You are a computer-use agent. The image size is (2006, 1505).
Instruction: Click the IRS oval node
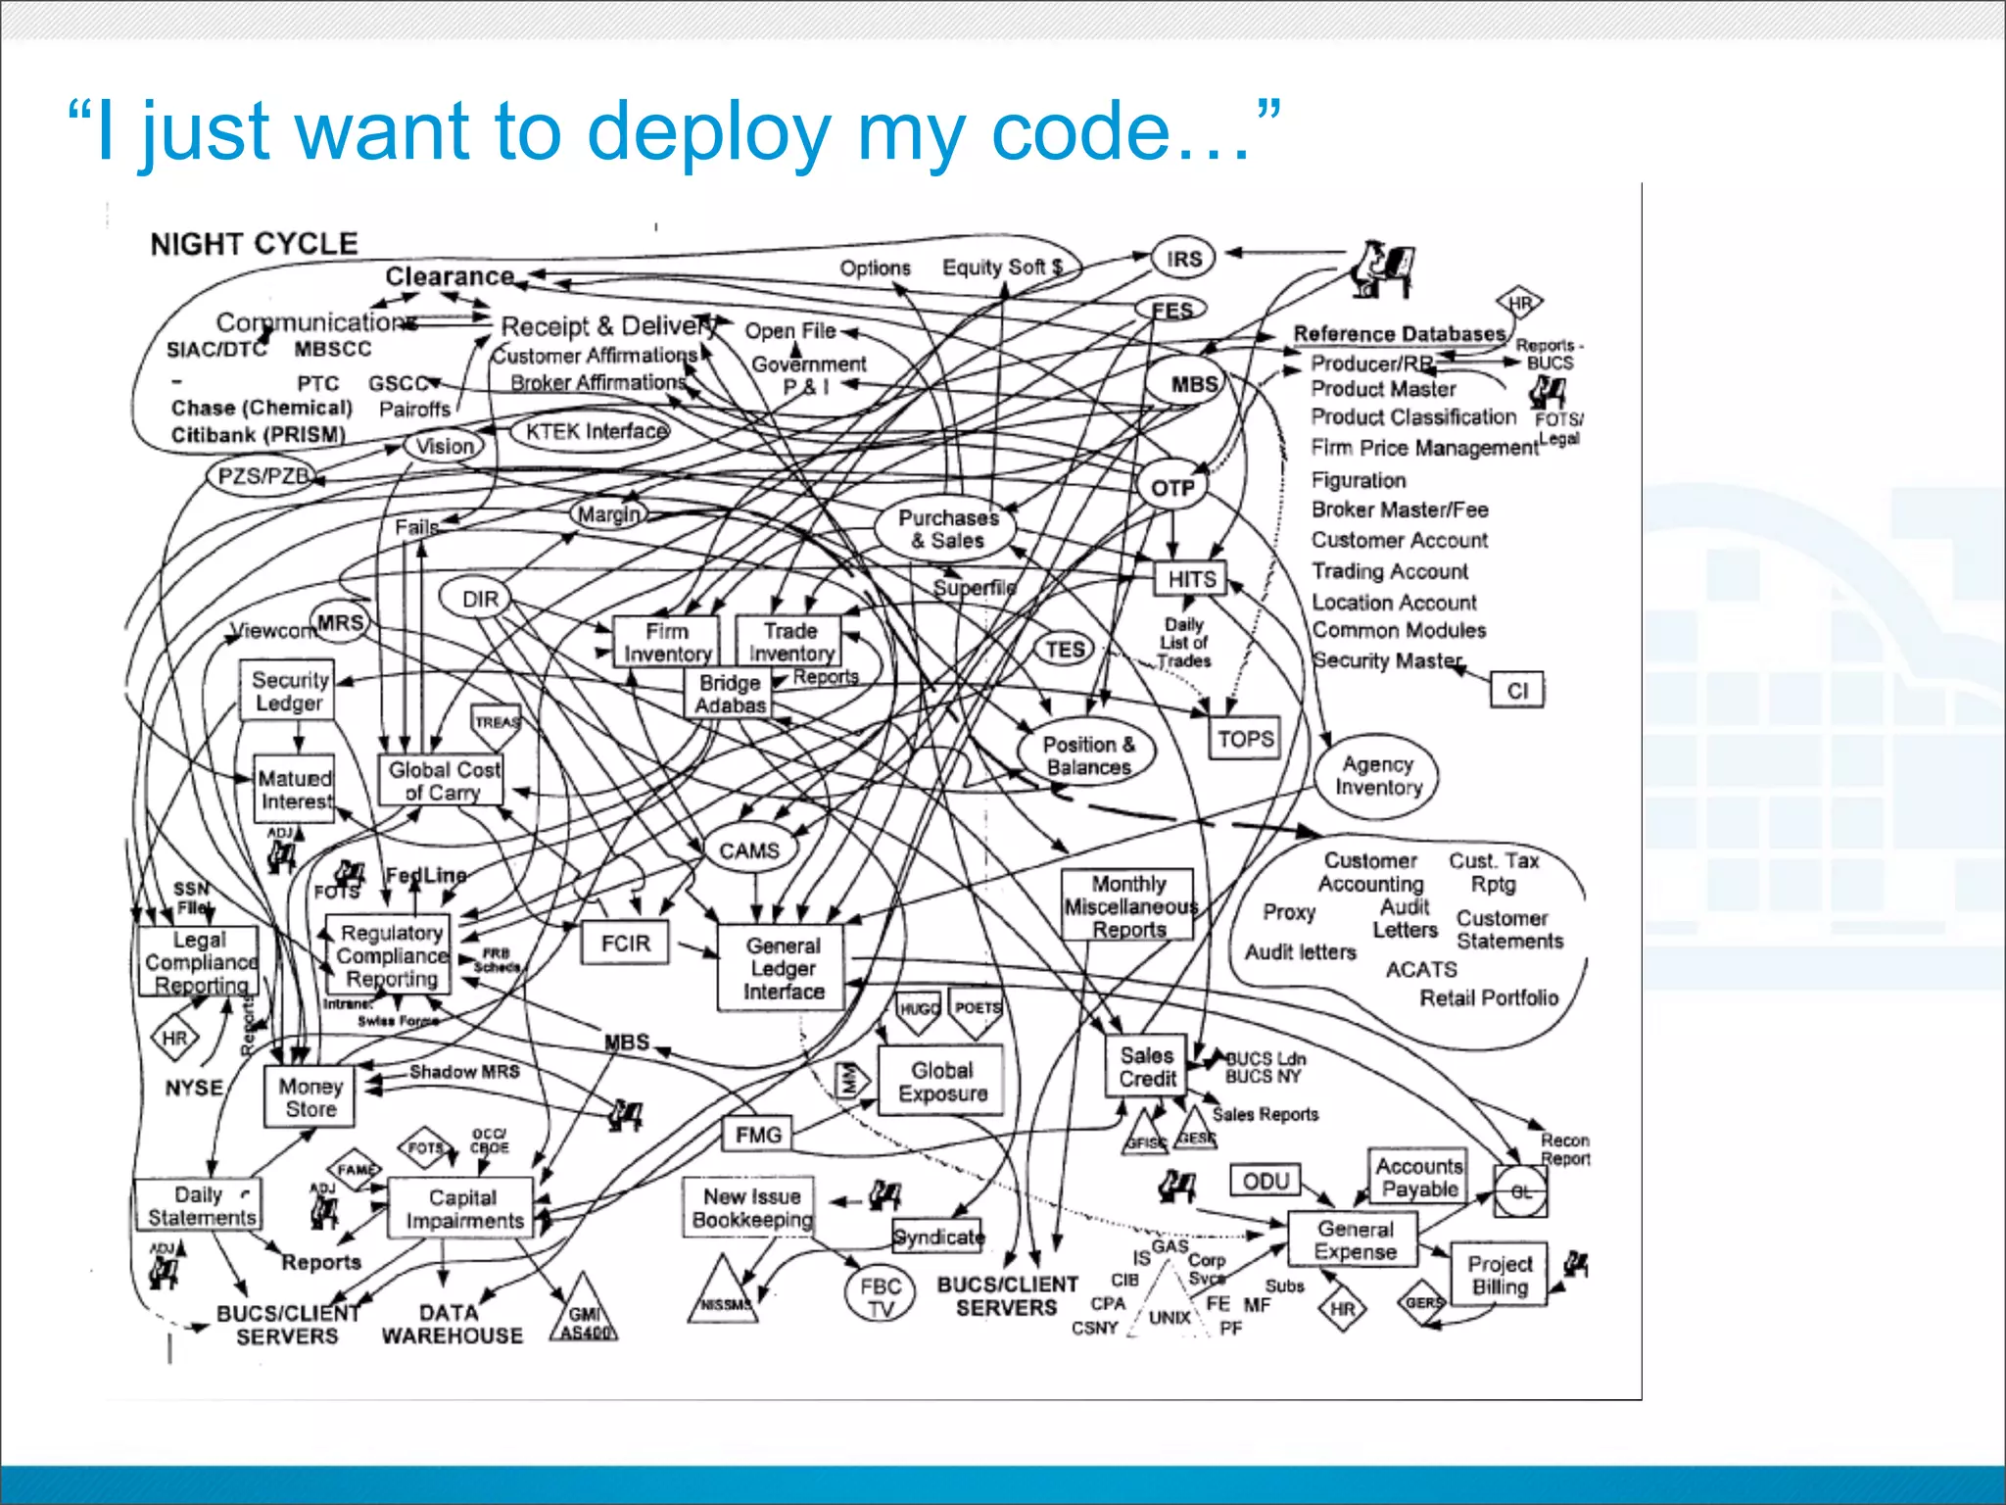[1183, 259]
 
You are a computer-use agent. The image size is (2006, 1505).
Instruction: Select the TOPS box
[1245, 739]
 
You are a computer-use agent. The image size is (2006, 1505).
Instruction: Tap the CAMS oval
[749, 850]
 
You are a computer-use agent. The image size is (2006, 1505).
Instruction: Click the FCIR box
[625, 944]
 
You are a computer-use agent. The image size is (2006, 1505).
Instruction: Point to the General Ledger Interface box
[783, 968]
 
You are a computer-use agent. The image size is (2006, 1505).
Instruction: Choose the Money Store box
[310, 1097]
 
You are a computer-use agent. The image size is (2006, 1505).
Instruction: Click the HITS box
[1190, 579]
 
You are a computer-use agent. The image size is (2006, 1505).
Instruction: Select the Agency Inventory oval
[1377, 776]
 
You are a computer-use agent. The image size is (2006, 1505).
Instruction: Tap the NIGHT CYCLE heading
[254, 243]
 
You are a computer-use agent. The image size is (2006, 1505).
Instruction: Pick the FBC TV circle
[880, 1296]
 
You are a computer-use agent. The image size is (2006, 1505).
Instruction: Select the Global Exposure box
[941, 1082]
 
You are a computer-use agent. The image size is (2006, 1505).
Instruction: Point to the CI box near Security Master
[1516, 691]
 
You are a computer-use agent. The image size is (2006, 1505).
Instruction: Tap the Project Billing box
[1499, 1275]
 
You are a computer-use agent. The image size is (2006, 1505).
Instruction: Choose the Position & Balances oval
[1087, 755]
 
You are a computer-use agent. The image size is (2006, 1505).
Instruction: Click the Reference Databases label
[1398, 334]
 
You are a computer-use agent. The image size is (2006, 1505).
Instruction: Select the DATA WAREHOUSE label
[452, 1324]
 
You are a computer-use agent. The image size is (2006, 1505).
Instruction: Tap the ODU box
[1265, 1181]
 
